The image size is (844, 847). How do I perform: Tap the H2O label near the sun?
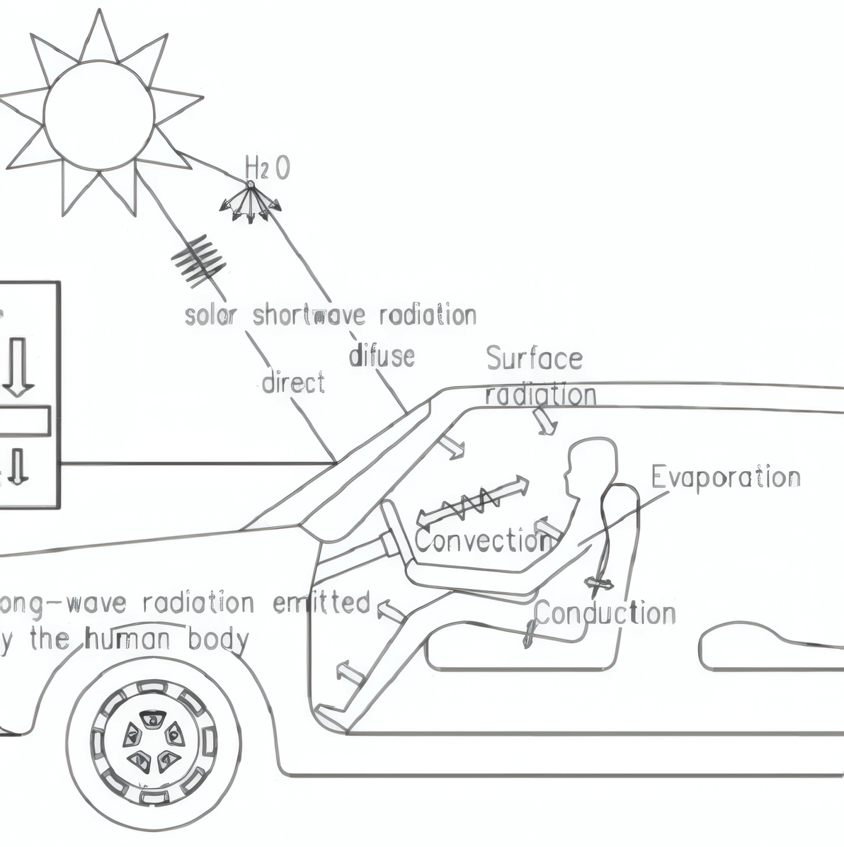click(x=267, y=169)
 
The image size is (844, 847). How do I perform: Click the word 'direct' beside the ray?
click(x=293, y=382)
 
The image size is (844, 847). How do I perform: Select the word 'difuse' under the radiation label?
click(x=382, y=354)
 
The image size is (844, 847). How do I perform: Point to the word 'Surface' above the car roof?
click(x=534, y=359)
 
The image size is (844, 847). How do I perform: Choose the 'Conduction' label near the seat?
click(x=605, y=613)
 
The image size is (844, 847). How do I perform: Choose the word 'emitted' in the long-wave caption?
click(x=322, y=603)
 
